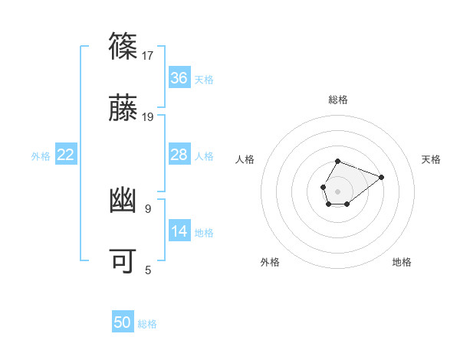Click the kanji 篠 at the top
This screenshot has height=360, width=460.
point(123,47)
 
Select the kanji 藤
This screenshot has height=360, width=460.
point(123,109)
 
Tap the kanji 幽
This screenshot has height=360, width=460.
point(123,200)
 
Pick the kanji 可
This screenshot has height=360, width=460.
point(123,261)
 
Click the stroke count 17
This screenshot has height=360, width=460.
point(148,56)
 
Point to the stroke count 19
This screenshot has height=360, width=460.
point(148,117)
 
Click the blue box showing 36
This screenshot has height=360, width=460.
point(179,78)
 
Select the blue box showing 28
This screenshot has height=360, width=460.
point(179,155)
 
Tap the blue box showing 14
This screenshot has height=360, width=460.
point(179,231)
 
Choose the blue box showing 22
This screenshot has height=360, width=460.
point(66,155)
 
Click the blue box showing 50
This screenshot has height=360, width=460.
point(123,323)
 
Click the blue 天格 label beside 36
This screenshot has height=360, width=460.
point(204,79)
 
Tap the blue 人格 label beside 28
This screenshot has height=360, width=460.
point(204,155)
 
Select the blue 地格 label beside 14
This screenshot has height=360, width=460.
point(204,232)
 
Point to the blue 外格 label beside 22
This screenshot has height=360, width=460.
point(41,155)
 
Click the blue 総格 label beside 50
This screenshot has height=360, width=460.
point(147,324)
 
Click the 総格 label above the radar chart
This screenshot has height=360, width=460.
point(338,100)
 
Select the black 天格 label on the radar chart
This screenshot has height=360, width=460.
point(432,159)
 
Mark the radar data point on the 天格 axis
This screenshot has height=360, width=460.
point(381,177)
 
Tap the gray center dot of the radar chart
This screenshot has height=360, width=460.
point(338,191)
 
